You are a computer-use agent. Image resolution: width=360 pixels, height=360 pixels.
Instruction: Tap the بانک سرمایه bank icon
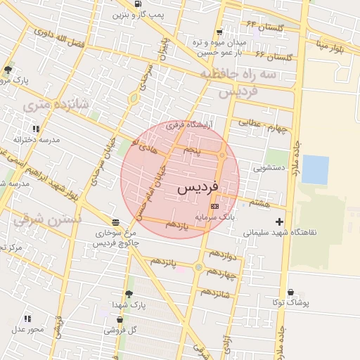214,206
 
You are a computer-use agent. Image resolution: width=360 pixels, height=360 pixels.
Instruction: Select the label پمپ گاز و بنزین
138,15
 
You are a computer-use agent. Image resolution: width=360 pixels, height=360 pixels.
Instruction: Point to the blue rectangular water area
315,169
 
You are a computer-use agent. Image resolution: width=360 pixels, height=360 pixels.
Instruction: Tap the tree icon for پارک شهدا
129,294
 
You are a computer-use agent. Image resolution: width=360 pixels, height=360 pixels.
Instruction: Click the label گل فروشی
121,328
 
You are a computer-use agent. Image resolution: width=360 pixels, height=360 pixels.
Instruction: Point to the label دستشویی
269,169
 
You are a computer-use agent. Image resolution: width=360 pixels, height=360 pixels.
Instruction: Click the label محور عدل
27,329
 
